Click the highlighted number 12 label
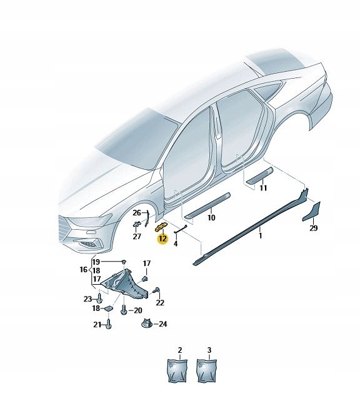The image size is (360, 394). click(162, 239)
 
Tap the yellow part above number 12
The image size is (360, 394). click(161, 226)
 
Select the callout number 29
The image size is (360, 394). click(313, 229)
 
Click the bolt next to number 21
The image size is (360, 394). click(109, 324)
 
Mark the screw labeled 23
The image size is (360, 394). click(100, 298)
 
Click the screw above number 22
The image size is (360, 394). click(156, 289)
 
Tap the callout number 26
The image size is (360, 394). click(137, 213)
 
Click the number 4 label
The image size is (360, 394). click(176, 244)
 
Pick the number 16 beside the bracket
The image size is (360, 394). click(83, 270)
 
